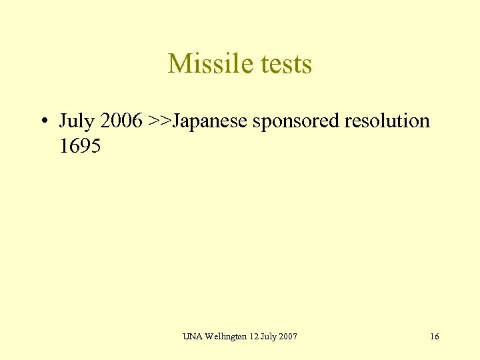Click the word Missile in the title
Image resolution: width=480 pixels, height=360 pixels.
point(205,64)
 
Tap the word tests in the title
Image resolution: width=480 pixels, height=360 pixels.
point(281,64)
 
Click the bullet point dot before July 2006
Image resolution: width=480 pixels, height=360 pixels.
point(42,121)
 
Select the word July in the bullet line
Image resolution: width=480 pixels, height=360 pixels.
point(74,121)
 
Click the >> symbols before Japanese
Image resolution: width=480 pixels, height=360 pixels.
point(160,121)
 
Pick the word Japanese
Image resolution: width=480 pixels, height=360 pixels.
point(209,121)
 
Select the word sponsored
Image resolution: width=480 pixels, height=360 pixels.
point(294,122)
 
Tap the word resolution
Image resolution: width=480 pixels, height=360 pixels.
point(385,121)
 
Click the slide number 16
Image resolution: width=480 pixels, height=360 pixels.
point(435,337)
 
